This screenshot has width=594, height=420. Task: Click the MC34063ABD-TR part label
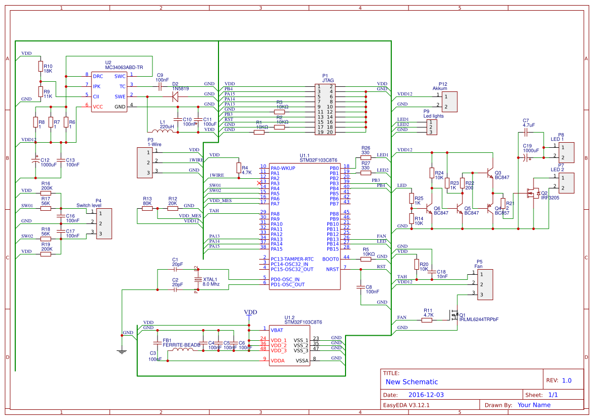pyautogui.click(x=124, y=68)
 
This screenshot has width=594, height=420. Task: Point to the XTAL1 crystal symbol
pyautogui.click(x=198, y=280)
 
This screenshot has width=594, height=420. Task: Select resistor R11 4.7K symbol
pyautogui.click(x=427, y=320)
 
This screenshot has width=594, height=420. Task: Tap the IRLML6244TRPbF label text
pyautogui.click(x=479, y=319)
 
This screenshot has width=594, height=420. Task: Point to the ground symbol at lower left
pyautogui.click(x=121, y=350)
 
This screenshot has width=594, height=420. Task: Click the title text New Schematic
pyautogui.click(x=412, y=382)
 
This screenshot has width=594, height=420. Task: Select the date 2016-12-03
pyautogui.click(x=426, y=395)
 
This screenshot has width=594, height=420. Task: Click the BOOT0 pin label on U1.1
pyautogui.click(x=330, y=259)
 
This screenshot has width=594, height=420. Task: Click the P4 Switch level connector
pyautogui.click(x=103, y=223)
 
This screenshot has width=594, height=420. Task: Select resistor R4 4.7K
pyautogui.click(x=238, y=168)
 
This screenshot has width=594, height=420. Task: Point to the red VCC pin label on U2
pyautogui.click(x=98, y=106)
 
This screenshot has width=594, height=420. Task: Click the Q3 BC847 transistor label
pyautogui.click(x=502, y=175)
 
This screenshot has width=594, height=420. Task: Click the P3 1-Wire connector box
pyautogui.click(x=145, y=163)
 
